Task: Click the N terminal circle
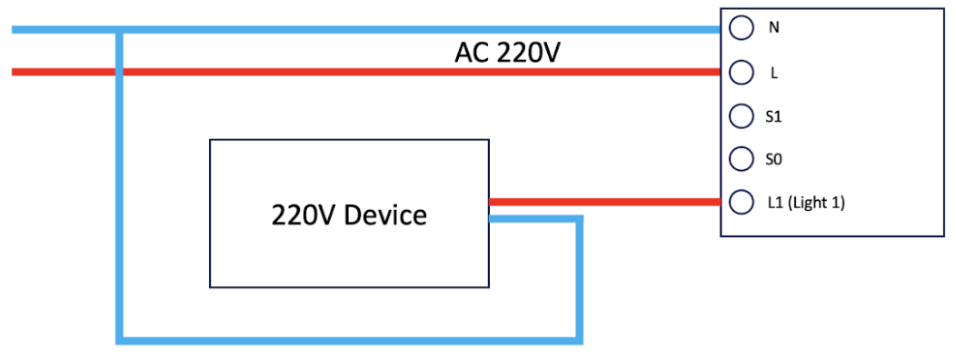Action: (x=741, y=28)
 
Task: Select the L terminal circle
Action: (x=741, y=73)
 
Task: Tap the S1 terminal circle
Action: (x=741, y=116)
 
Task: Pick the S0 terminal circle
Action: (x=741, y=159)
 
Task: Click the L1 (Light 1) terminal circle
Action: (x=741, y=203)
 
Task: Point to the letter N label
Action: (x=774, y=28)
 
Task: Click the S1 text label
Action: (x=773, y=116)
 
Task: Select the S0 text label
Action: (x=773, y=160)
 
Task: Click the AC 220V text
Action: (x=507, y=55)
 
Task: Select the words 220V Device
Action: (x=349, y=215)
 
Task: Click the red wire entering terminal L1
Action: (x=604, y=202)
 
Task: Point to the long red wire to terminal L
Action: (x=366, y=72)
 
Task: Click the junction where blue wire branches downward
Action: (x=120, y=30)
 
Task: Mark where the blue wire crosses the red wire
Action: (x=120, y=72)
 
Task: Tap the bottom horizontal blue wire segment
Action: (x=349, y=341)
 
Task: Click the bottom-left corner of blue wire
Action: (x=120, y=341)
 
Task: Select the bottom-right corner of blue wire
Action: (x=579, y=341)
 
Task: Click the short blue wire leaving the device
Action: (x=536, y=219)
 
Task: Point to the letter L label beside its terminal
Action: (x=774, y=74)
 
